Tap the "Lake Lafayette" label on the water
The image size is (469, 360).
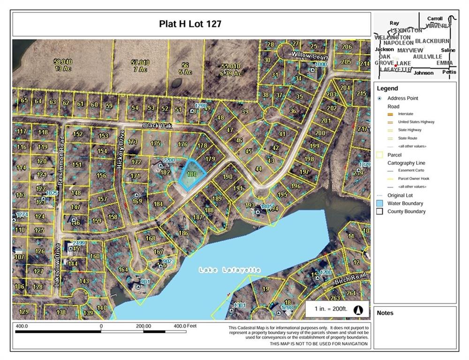(229, 270)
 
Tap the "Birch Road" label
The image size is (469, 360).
(350, 278)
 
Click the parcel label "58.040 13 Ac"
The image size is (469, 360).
(63, 65)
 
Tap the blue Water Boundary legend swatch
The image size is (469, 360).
(379, 203)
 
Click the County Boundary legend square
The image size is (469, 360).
(379, 211)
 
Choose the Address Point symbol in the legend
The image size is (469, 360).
(379, 98)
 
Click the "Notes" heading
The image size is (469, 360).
(385, 313)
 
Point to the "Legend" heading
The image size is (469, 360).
(387, 88)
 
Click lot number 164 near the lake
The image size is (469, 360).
(123, 270)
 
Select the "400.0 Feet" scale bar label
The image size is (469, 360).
(185, 325)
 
